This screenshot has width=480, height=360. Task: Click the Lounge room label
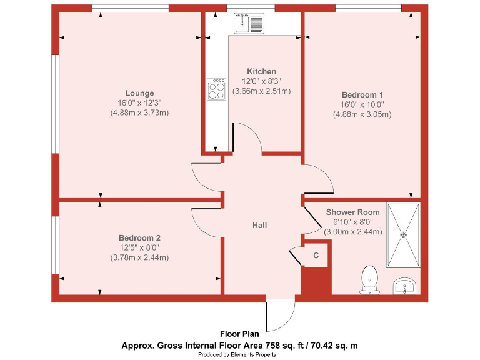click(x=139, y=93)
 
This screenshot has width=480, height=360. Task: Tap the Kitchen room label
click(x=261, y=71)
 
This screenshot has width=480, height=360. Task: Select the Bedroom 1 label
click(x=362, y=94)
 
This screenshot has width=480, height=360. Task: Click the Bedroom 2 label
click(x=139, y=237)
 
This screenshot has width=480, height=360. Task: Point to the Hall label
click(x=260, y=225)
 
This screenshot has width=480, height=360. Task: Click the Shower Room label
click(x=353, y=212)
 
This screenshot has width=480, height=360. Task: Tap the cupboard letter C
click(x=316, y=256)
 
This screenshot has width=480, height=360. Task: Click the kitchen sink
click(x=249, y=24)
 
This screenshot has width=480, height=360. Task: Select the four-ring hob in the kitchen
click(x=217, y=89)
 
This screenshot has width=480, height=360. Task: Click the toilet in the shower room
click(x=369, y=278)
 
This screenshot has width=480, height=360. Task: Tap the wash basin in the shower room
click(x=405, y=287)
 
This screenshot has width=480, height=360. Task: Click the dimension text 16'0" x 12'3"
click(x=139, y=103)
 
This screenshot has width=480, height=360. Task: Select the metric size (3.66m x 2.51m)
click(x=261, y=91)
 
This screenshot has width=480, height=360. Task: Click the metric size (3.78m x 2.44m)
click(x=139, y=257)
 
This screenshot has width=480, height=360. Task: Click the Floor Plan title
click(x=240, y=334)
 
